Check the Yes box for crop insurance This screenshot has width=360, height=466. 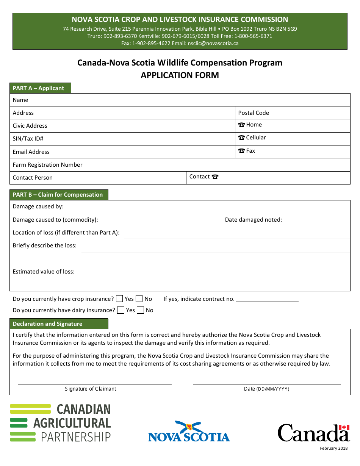(119, 299)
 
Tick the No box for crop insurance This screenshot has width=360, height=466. (139, 299)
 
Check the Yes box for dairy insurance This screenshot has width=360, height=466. (121, 310)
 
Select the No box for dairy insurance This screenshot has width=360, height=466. (141, 310)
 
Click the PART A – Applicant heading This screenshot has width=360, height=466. (39, 88)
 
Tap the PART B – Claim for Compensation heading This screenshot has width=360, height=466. (58, 195)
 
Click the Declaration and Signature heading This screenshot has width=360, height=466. (48, 324)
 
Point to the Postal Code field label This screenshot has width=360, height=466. (254, 113)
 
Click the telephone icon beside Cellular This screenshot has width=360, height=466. (241, 138)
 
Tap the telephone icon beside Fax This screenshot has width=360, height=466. (241, 151)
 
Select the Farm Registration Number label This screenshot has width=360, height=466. (48, 165)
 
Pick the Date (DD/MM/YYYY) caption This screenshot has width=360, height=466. (267, 389)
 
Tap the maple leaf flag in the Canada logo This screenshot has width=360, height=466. (344, 427)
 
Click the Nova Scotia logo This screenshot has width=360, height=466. (189, 432)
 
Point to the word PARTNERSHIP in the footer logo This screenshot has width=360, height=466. (76, 437)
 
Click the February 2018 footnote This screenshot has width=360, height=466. (333, 449)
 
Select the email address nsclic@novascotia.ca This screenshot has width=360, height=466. (213, 43)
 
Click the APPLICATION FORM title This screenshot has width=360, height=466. (180, 75)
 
